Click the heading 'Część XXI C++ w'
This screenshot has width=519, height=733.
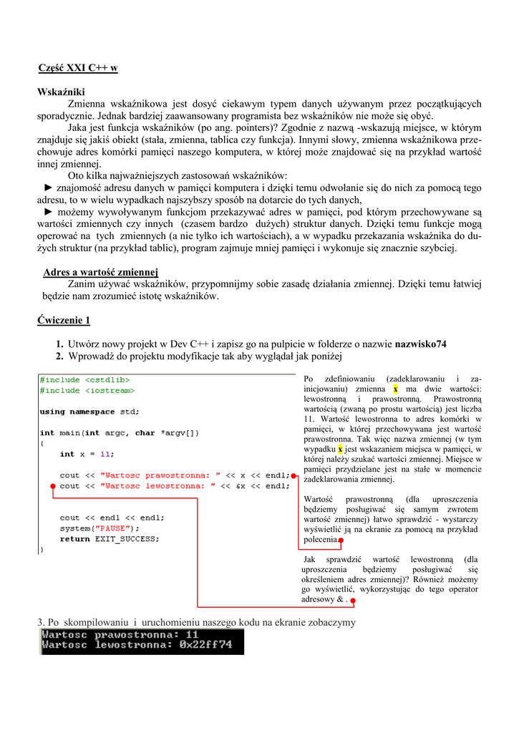tap(77, 68)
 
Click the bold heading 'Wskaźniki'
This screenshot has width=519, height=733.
tap(61, 92)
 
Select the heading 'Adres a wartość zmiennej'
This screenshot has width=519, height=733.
tap(100, 272)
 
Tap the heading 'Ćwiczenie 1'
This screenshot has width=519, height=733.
tap(64, 320)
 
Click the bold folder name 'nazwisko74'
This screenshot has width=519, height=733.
tap(420, 344)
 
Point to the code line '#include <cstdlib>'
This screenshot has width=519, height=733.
tap(84, 380)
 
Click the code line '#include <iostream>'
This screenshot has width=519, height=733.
tap(87, 390)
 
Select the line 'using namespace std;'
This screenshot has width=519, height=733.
tap(89, 412)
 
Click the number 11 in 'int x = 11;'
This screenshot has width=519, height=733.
tap(105, 454)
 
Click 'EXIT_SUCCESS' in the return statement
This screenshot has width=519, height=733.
tap(127, 539)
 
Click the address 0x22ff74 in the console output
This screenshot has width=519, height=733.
tap(205, 644)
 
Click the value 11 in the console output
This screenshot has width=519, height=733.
tap(191, 634)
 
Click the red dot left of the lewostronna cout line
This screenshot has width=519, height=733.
tap(52, 485)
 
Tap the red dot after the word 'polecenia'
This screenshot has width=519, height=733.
tap(341, 540)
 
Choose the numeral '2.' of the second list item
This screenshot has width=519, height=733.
tap(60, 356)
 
